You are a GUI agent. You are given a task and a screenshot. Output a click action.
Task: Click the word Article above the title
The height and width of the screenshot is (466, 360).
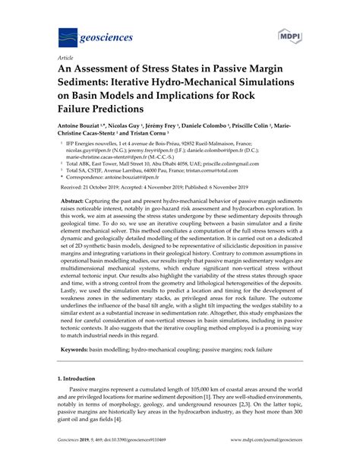coord(65,57)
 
